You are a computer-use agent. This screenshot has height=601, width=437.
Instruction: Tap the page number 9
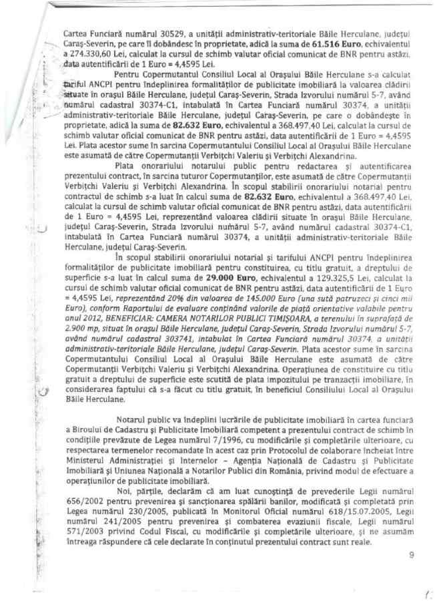(410, 555)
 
